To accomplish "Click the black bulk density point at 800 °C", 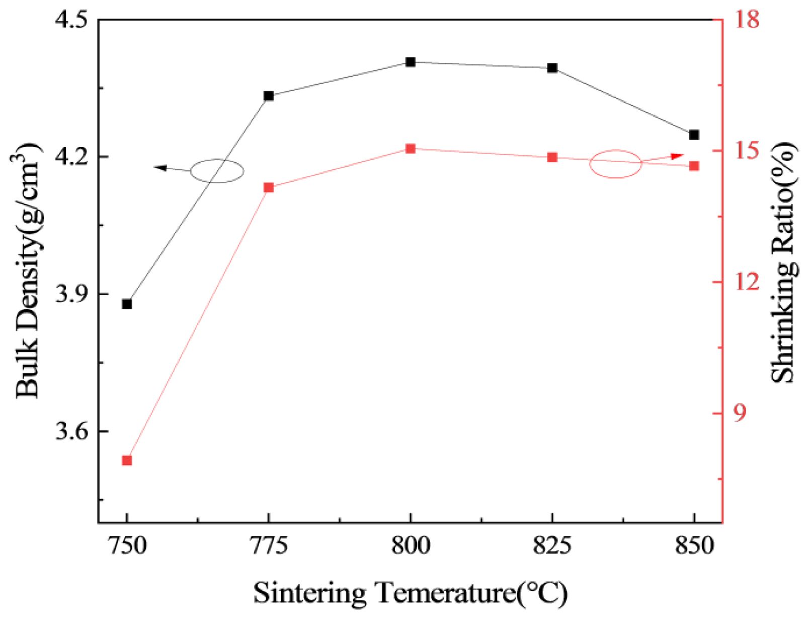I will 411,62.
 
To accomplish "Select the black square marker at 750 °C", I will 127,304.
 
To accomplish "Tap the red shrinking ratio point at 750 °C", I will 127,460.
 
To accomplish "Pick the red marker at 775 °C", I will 269,188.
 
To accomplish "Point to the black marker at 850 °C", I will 694,135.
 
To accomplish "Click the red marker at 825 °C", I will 552,158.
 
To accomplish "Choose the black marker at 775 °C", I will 269,96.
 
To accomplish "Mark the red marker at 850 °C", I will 694,166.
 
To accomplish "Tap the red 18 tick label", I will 746,20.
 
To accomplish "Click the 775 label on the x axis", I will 269,546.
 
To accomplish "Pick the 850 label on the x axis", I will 694,546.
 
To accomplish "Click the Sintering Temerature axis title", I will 410,593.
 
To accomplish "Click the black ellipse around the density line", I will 217,171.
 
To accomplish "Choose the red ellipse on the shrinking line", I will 616,164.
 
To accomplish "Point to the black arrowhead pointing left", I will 160,168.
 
